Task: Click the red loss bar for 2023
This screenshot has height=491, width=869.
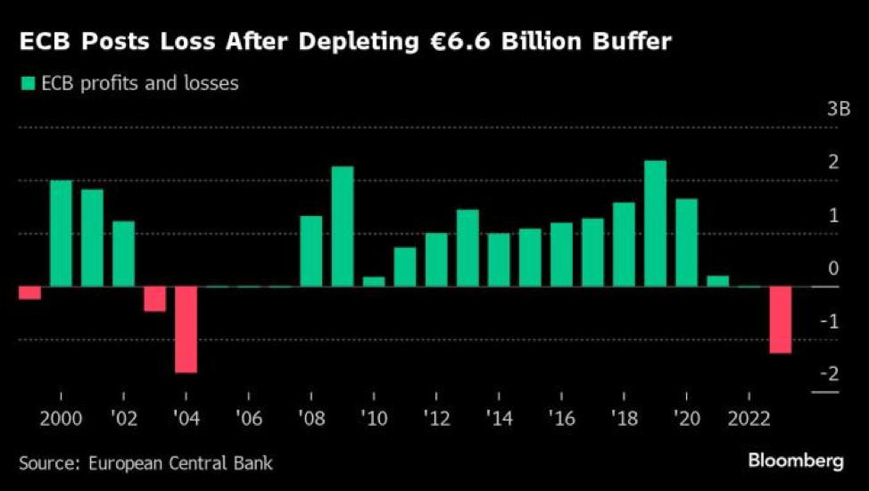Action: (781, 320)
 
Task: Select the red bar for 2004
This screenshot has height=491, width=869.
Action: (186, 329)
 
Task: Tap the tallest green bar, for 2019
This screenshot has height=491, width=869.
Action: (655, 224)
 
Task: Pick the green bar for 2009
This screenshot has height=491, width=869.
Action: (343, 227)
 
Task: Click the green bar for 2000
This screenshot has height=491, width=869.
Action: (61, 234)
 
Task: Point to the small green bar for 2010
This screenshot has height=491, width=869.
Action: (374, 281)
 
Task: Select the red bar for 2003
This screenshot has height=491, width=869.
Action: (154, 299)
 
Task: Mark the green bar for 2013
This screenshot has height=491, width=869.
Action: (468, 248)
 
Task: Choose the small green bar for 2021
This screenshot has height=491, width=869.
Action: (717, 281)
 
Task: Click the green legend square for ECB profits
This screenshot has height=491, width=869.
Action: (26, 84)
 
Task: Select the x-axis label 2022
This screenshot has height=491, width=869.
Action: (749, 417)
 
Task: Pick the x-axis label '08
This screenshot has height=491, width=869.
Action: (311, 417)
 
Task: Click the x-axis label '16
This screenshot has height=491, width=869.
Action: (561, 417)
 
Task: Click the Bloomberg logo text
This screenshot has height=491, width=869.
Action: (795, 462)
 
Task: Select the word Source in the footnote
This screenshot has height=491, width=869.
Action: (47, 462)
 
